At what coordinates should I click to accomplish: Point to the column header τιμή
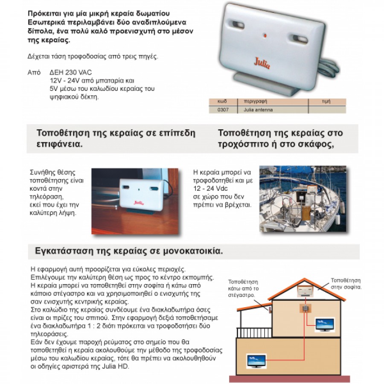[326, 102]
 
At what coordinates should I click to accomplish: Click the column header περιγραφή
[254, 102]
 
